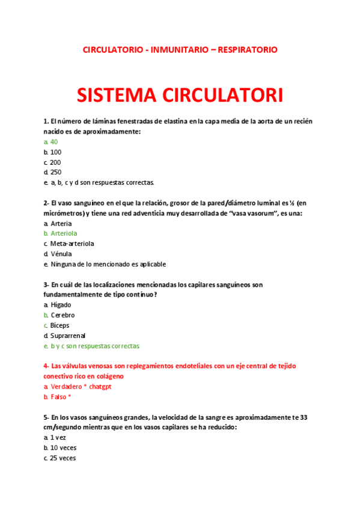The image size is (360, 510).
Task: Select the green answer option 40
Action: pos(54,142)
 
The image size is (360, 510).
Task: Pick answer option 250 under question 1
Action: pos(55,172)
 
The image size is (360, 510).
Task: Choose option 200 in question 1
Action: pos(55,162)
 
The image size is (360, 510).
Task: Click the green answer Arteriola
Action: pos(64,233)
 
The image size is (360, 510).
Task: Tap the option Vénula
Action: pos(61,254)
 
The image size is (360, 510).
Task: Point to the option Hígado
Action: pos(61,305)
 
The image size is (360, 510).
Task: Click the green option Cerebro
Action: pos(63,315)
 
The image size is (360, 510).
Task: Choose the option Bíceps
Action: pos(60,325)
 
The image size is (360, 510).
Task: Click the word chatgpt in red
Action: pos(99,387)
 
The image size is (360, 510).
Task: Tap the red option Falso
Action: pos(59,397)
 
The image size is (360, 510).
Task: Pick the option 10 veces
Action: pos(64,448)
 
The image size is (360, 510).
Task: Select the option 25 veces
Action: pos(64,458)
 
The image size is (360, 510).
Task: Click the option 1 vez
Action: pos(59,438)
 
